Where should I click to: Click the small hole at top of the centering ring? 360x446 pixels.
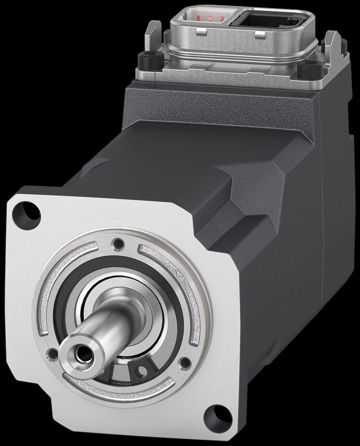click(119, 244)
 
